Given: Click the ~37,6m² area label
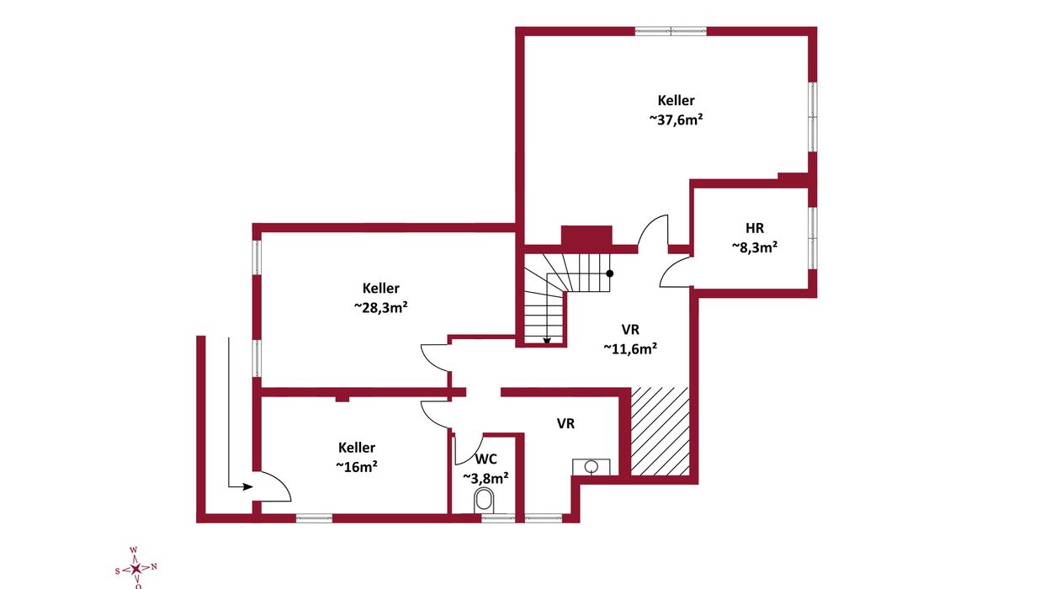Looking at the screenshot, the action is click(676, 119).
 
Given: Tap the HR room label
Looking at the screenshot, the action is click(755, 228).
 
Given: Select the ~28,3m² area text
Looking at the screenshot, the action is click(381, 307).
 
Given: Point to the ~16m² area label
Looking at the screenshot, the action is click(357, 466).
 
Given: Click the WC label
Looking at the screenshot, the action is click(486, 459).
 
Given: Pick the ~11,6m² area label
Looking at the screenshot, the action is click(630, 348).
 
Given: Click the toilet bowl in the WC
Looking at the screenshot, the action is click(485, 501).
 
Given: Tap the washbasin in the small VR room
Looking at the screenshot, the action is click(591, 467).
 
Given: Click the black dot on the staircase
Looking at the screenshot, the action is click(609, 273).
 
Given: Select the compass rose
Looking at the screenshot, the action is click(135, 569).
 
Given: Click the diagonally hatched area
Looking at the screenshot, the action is click(660, 431).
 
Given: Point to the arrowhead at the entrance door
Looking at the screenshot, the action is click(248, 487).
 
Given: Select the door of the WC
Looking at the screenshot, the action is click(467, 448).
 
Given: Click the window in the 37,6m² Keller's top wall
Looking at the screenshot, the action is click(671, 32).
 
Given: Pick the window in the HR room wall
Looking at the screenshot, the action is click(812, 237).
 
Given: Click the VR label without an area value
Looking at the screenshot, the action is click(565, 423).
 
